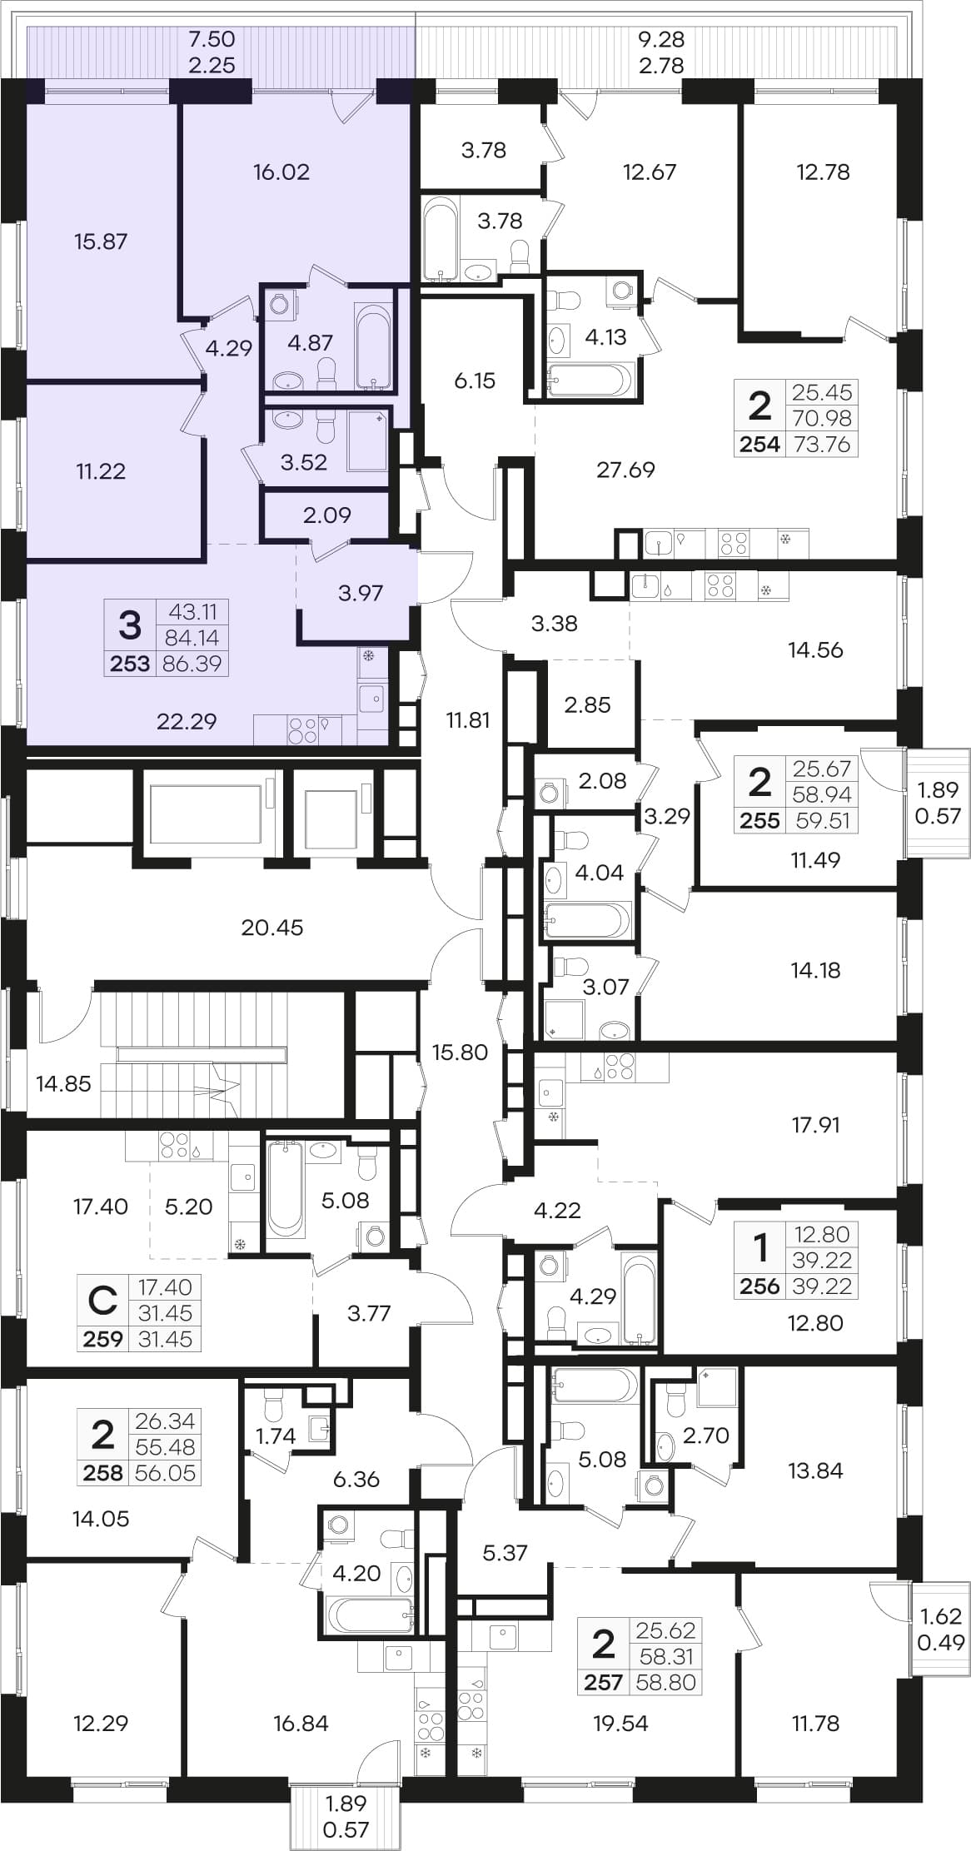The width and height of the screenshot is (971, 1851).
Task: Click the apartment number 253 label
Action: pyautogui.click(x=130, y=664)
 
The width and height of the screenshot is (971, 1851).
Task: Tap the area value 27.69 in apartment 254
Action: pyautogui.click(x=626, y=470)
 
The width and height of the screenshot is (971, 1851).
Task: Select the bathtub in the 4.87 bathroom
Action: pyautogui.click(x=372, y=346)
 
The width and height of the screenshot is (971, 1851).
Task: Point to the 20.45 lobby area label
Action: pyautogui.click(x=272, y=927)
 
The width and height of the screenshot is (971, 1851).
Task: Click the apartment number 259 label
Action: pyautogui.click(x=103, y=1339)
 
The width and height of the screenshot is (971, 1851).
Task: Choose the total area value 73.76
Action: pyautogui.click(x=822, y=444)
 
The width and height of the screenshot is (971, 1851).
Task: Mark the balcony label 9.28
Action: pyautogui.click(x=661, y=39)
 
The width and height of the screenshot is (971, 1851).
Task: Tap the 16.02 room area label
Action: pyautogui.click(x=281, y=172)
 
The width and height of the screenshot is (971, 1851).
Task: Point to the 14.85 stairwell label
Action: pyautogui.click(x=63, y=1083)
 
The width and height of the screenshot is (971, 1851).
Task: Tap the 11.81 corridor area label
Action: pyautogui.click(x=468, y=719)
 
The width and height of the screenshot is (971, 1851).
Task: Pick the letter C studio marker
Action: pyautogui.click(x=103, y=1300)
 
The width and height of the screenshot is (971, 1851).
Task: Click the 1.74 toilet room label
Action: pyautogui.click(x=276, y=1436)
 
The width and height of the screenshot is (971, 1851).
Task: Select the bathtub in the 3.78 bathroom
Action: pyautogui.click(x=440, y=238)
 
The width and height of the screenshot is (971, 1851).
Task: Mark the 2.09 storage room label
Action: pyautogui.click(x=327, y=515)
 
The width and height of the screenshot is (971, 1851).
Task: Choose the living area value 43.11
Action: pyautogui.click(x=193, y=611)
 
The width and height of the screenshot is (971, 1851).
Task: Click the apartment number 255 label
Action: pyautogui.click(x=760, y=820)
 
